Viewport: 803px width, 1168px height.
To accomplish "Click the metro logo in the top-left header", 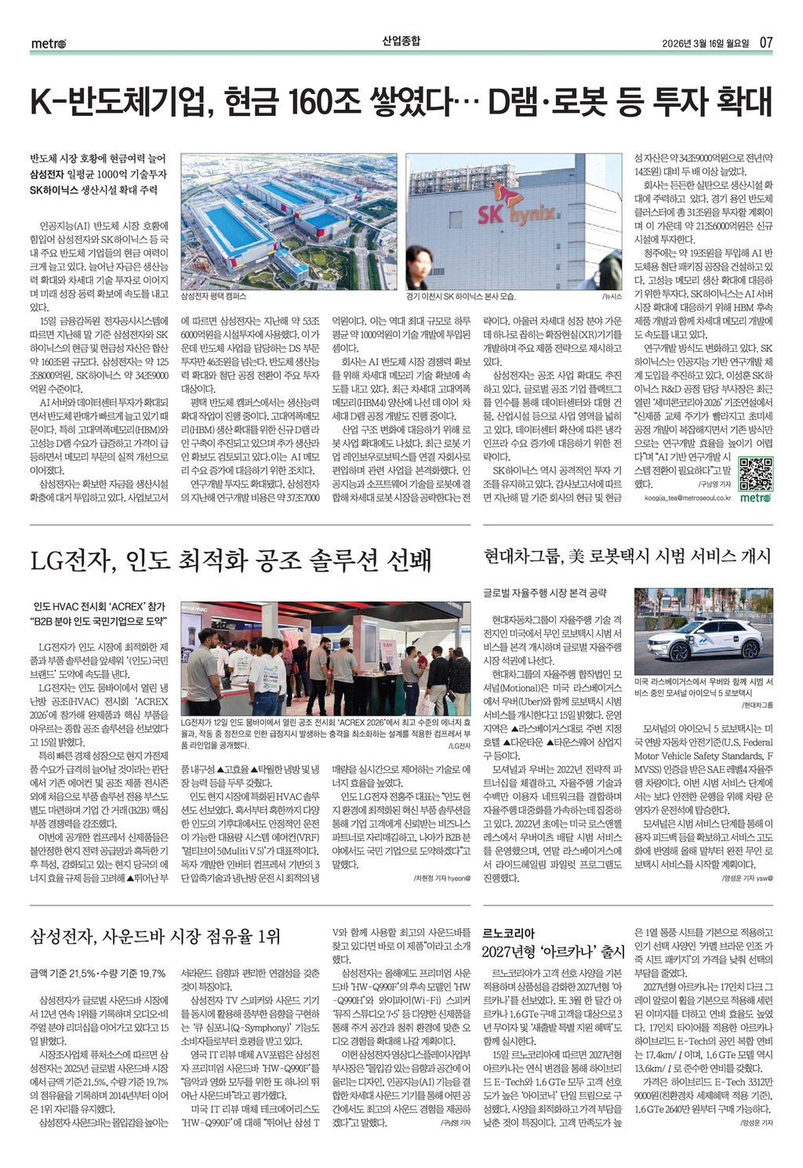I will pyautogui.click(x=48, y=43).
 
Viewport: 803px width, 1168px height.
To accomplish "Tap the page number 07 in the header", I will pyautogui.click(x=765, y=42).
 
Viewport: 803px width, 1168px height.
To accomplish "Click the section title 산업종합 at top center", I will pyautogui.click(x=401, y=41).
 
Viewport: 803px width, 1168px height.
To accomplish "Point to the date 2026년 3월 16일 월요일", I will pyautogui.click(x=705, y=42).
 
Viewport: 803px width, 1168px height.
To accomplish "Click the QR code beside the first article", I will pyautogui.click(x=756, y=473).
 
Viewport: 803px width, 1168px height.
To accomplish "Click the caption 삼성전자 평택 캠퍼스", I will pyautogui.click(x=213, y=297).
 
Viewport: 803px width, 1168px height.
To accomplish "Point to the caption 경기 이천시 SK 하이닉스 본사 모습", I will pyautogui.click(x=460, y=297).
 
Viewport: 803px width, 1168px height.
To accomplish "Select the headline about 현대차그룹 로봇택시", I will pyautogui.click(x=627, y=557).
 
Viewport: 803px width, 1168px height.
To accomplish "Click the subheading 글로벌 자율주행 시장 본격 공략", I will pyautogui.click(x=544, y=593).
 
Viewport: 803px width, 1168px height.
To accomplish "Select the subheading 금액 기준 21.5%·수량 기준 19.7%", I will pyautogui.click(x=97, y=973).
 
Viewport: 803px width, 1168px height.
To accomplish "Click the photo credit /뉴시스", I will pyautogui.click(x=612, y=297).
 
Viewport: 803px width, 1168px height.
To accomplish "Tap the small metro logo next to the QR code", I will pyautogui.click(x=756, y=497).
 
